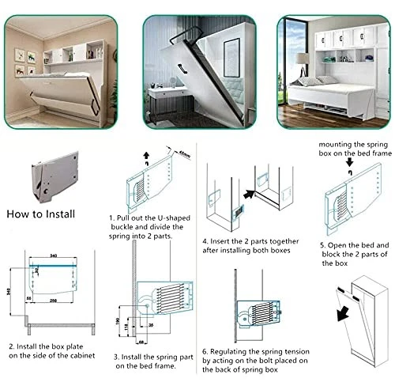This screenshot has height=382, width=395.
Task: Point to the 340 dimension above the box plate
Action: [53, 256]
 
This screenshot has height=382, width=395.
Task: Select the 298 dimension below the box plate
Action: [54, 302]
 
